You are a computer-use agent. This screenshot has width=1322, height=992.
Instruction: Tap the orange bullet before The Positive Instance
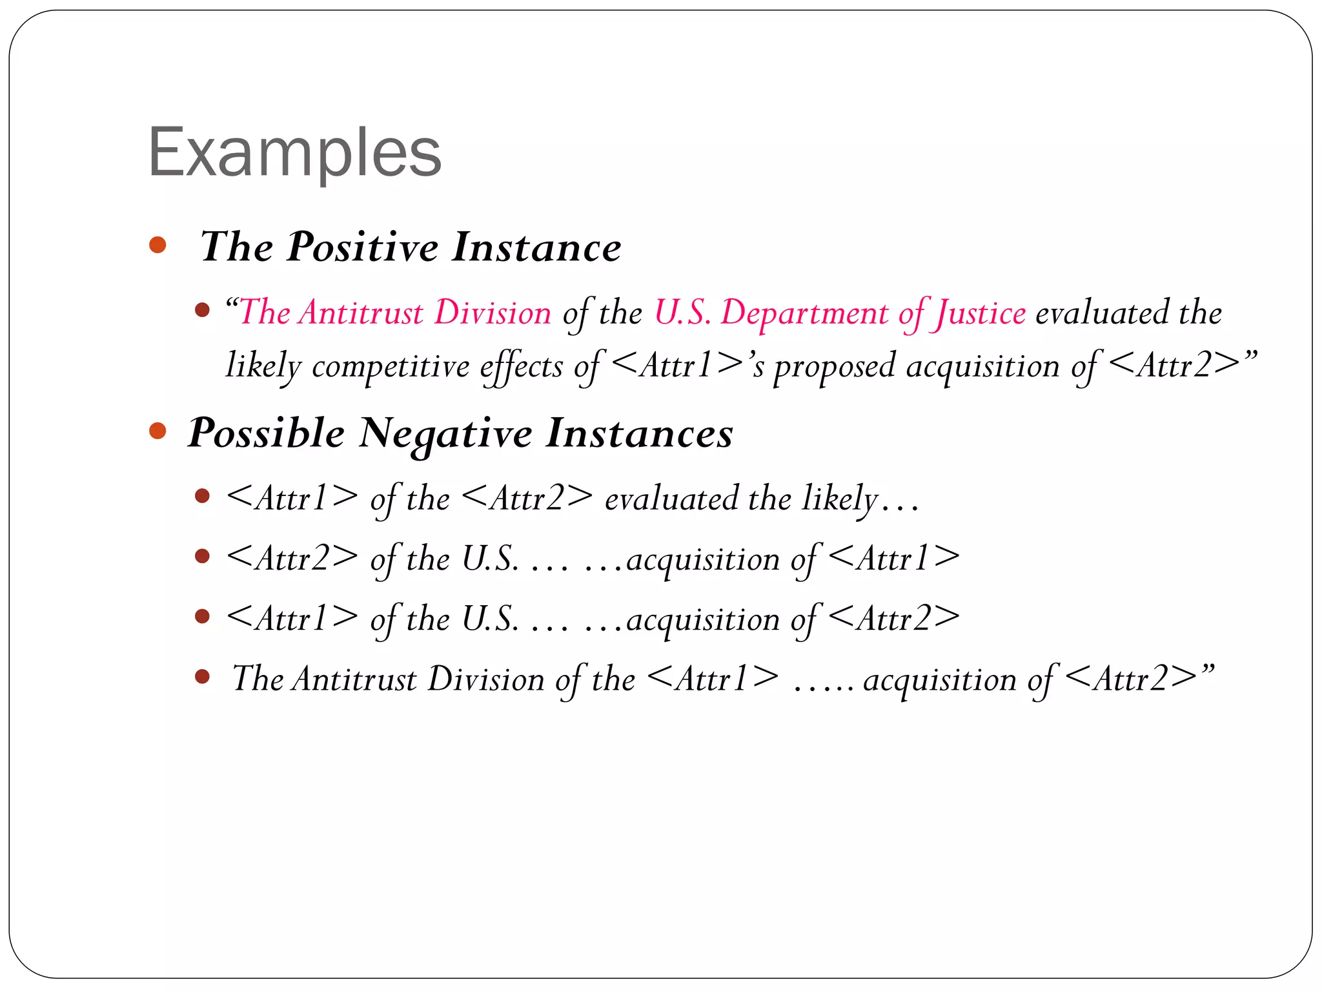158,245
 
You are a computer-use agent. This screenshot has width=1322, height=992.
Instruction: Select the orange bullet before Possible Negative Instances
158,431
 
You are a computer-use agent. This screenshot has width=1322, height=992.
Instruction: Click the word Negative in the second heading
445,433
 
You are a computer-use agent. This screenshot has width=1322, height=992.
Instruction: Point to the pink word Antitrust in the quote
362,313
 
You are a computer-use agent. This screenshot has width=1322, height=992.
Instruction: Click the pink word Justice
981,314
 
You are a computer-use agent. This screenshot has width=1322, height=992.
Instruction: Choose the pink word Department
804,314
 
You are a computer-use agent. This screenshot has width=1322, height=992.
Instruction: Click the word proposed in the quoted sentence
835,367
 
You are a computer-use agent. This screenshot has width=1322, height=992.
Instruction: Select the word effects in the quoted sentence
522,367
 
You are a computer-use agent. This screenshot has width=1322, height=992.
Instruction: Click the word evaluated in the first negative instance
671,499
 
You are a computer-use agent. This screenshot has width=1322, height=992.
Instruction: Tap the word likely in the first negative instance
840,499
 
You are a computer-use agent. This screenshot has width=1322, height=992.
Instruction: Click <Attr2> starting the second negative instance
292,558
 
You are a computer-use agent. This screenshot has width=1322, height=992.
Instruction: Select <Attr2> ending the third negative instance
893,619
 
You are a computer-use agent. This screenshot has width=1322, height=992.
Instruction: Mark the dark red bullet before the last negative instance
203,677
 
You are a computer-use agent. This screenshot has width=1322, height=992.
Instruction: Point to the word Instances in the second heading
639,433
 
